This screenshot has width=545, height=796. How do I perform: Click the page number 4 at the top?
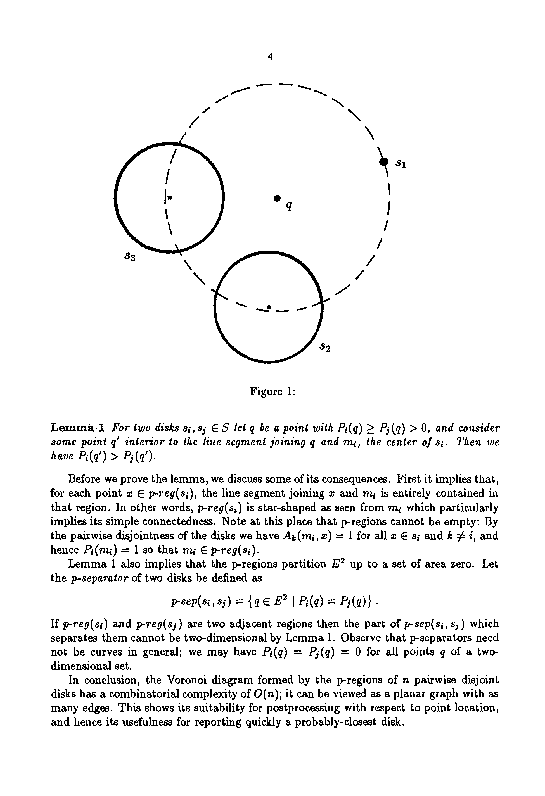pyautogui.click(x=270, y=57)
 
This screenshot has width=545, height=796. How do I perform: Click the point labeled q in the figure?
pyautogui.click(x=277, y=198)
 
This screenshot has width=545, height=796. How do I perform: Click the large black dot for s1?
pyautogui.click(x=385, y=161)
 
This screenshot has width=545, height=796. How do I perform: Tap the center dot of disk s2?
pyautogui.click(x=269, y=307)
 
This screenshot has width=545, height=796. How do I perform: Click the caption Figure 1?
pyautogui.click(x=272, y=391)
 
